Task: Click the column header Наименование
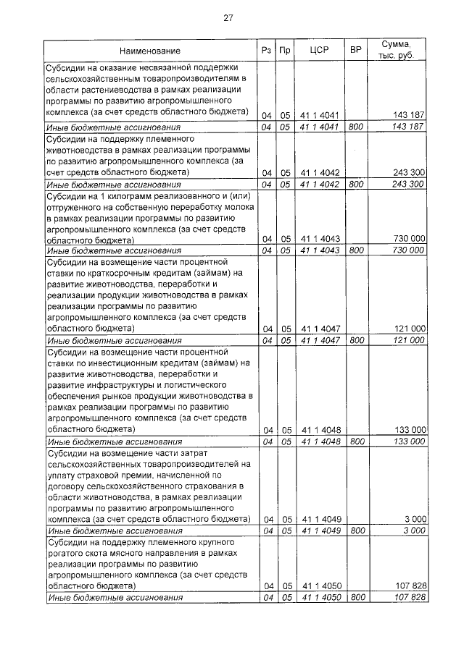[x=149, y=51]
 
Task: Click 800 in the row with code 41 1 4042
[x=355, y=184]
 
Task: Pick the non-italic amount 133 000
[x=408, y=430]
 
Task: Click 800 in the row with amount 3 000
[x=355, y=531]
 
